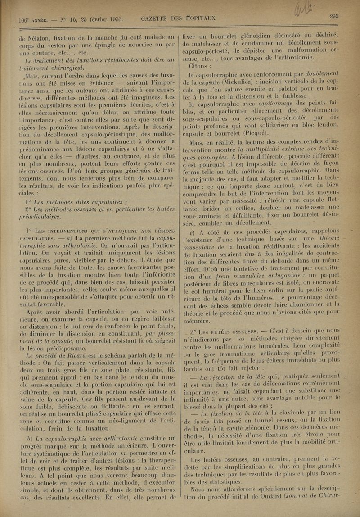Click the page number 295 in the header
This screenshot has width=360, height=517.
(x=333, y=16)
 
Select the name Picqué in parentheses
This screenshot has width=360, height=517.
(x=255, y=133)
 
